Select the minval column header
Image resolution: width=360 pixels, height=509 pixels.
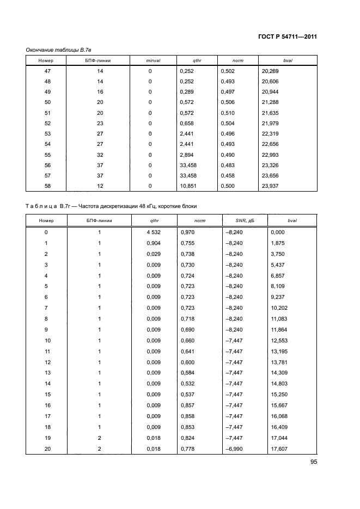pos(150,60)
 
